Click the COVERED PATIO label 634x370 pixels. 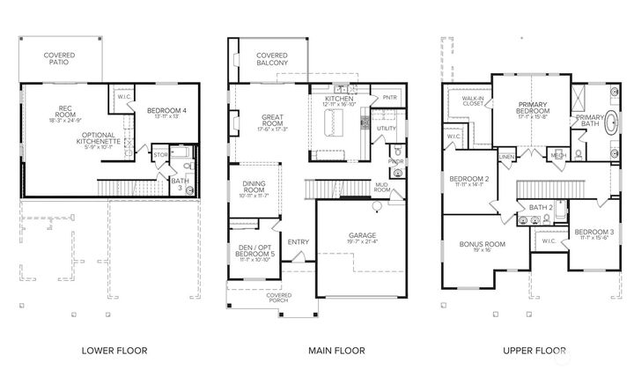pyautogui.click(x=60, y=59)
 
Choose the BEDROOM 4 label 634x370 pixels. pyautogui.click(x=166, y=110)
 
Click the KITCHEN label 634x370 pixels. pyautogui.click(x=339, y=100)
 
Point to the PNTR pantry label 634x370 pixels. pyautogui.click(x=389, y=98)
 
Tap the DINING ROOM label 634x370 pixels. pyautogui.click(x=254, y=189)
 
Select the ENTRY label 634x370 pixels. pyautogui.click(x=298, y=242)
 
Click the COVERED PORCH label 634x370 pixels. pyautogui.click(x=273, y=299)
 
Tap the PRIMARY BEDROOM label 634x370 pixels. pyautogui.click(x=534, y=110)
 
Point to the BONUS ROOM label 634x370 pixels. pyautogui.click(x=483, y=246)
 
